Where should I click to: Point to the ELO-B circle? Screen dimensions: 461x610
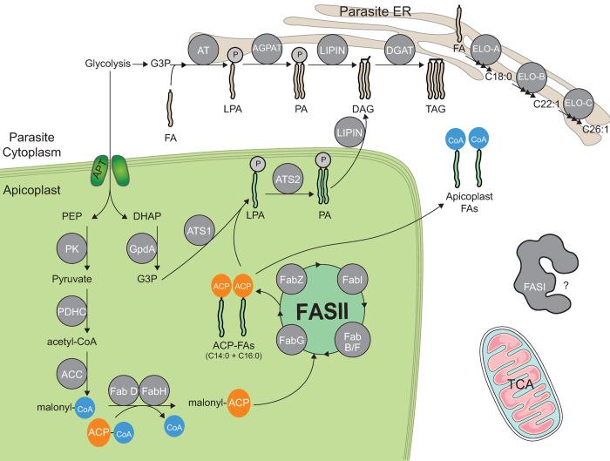tap(532, 76)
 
